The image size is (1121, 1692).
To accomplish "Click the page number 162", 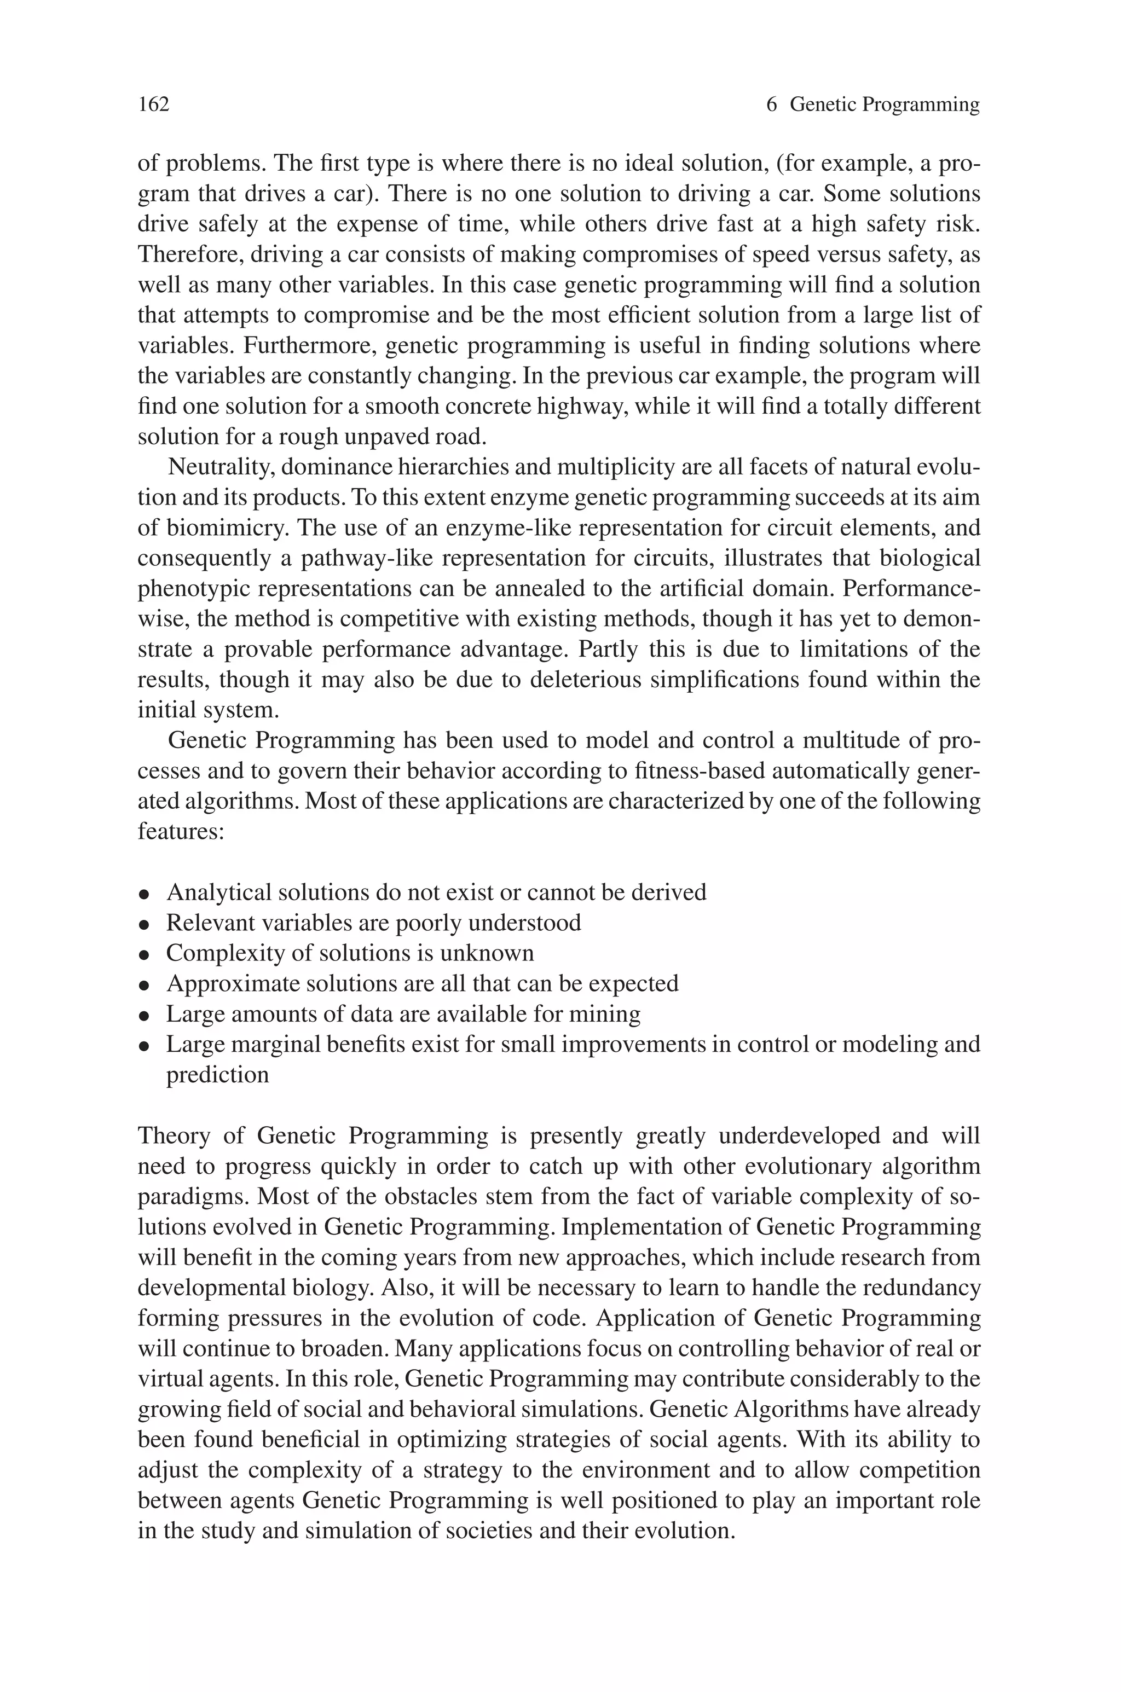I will [154, 105].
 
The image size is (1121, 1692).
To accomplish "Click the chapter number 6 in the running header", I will [771, 105].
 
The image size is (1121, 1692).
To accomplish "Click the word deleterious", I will [586, 680].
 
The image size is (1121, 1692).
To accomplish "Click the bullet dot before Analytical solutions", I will [145, 894].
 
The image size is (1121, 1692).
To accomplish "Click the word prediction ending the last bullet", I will [217, 1075].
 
